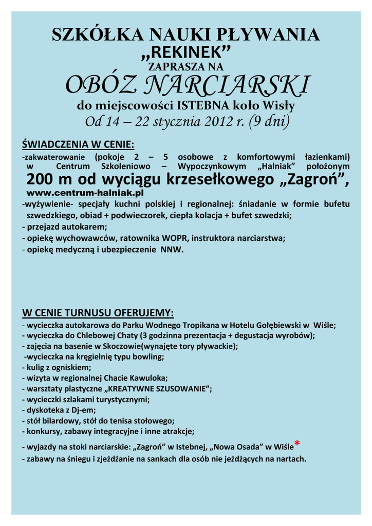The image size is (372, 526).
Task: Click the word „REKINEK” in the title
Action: (x=186, y=52)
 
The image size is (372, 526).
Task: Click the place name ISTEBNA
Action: (x=200, y=106)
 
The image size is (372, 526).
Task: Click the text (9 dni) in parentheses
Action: (x=269, y=122)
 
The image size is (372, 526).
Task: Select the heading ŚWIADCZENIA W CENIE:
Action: (x=78, y=143)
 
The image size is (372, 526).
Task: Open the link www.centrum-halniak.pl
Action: (x=84, y=193)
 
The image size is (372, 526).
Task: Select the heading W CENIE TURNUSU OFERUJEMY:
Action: (x=98, y=313)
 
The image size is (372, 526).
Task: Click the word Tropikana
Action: (x=185, y=325)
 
